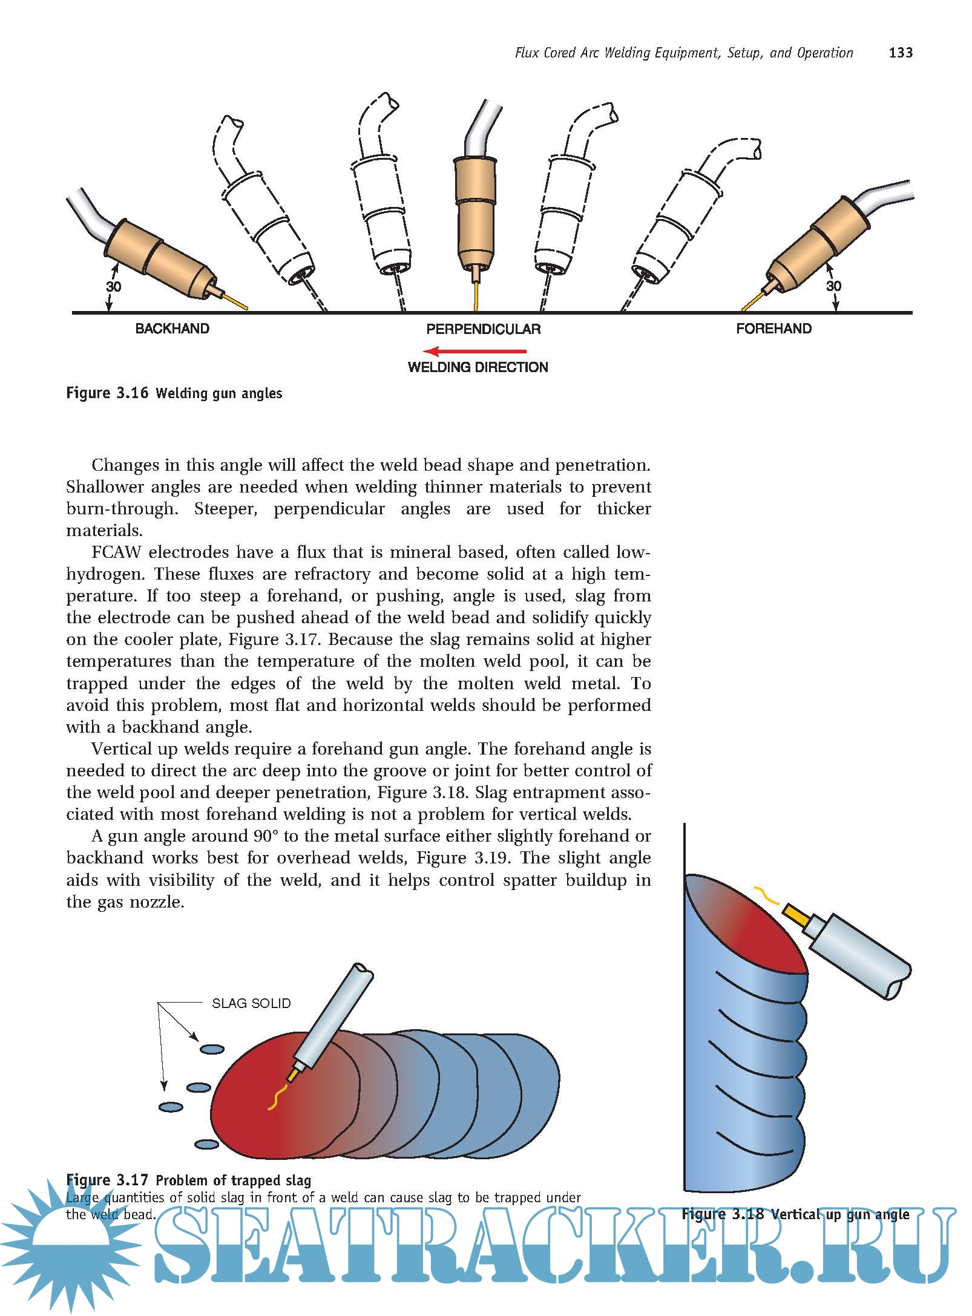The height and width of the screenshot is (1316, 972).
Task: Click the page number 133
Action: point(900,53)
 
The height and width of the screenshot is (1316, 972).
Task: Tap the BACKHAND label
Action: point(172,329)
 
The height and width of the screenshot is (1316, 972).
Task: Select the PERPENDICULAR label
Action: point(483,329)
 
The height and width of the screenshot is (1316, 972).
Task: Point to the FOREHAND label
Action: point(773,329)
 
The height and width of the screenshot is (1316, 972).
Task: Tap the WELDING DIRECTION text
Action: point(478,367)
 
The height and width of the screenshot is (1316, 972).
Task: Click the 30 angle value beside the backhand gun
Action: point(114,286)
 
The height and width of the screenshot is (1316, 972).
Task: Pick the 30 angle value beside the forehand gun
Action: point(833,286)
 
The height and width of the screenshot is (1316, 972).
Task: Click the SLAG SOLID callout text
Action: point(251,1003)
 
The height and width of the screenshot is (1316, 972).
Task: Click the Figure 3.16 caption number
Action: point(107,393)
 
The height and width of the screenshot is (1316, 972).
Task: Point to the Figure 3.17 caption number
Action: point(107,1180)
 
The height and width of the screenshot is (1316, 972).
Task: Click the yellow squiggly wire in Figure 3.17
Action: point(277,1098)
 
